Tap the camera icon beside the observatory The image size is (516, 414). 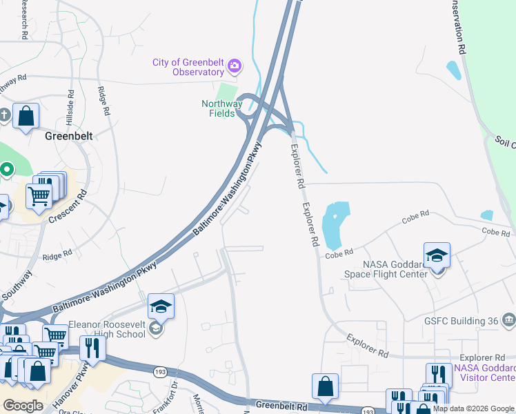pyautogui.click(x=235, y=66)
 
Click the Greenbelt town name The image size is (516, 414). pyautogui.click(x=68, y=137)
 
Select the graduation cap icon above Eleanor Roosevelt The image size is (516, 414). pyautogui.click(x=161, y=305)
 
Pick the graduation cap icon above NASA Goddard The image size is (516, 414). pyautogui.click(x=437, y=255)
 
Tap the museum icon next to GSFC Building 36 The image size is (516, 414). pyautogui.click(x=509, y=319)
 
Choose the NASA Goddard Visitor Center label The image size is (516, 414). pyautogui.click(x=484, y=373)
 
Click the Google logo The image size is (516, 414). pyautogui.click(x=23, y=406)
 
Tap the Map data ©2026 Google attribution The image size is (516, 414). pyautogui.click(x=473, y=408)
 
